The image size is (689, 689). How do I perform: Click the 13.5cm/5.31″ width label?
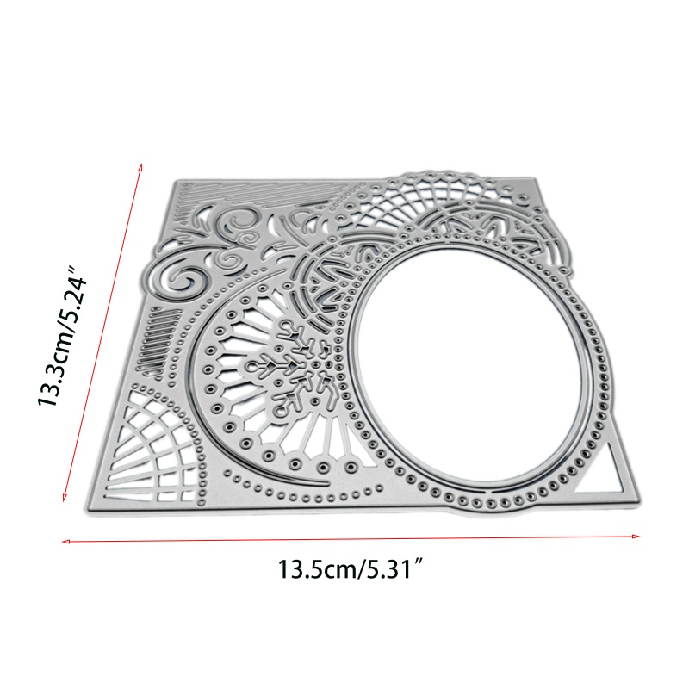pyautogui.click(x=351, y=569)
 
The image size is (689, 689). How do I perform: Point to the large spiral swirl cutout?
pyautogui.click(x=180, y=277)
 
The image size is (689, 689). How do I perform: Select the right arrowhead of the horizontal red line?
pyautogui.click(x=636, y=536)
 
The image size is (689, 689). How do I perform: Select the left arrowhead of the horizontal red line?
pyautogui.click(x=66, y=542)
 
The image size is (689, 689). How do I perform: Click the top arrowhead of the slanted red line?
pyautogui.click(x=140, y=167)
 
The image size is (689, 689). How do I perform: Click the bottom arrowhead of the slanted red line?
pyautogui.click(x=65, y=497)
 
